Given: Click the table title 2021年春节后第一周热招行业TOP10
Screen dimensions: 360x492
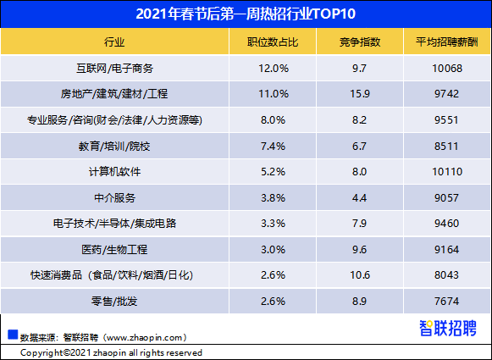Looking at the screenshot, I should [x=246, y=14].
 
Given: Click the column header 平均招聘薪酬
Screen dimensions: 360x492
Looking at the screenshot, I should [x=446, y=42].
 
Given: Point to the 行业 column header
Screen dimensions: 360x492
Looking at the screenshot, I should [x=114, y=42].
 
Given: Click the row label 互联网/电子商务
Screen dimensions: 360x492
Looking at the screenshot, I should [x=114, y=68].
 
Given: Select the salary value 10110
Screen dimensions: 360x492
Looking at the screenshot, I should [x=446, y=172].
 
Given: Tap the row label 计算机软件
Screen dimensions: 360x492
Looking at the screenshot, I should [x=114, y=172].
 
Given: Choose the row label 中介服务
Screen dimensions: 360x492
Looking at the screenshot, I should [x=114, y=198].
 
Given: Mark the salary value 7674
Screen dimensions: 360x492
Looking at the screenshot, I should [x=446, y=302].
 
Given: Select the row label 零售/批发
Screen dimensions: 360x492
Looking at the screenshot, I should [x=114, y=302].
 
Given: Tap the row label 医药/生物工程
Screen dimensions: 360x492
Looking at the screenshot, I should [x=114, y=250].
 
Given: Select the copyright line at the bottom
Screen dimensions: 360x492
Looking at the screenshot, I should [x=111, y=352].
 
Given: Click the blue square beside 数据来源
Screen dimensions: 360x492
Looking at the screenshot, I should [x=13, y=333].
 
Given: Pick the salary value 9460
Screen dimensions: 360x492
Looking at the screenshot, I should [x=446, y=224].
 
